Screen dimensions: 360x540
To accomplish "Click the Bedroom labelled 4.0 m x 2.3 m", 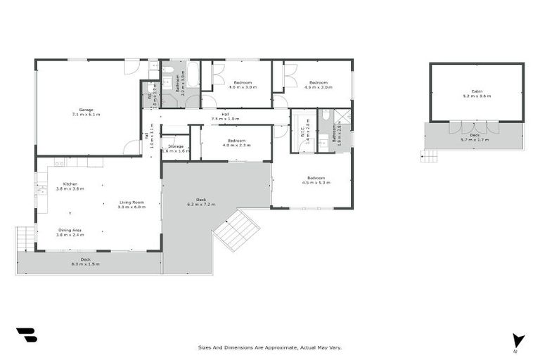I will pyautogui.click(x=236, y=142).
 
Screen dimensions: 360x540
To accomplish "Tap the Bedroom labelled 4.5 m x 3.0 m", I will pyautogui.click(x=318, y=84).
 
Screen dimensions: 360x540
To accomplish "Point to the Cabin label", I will pyautogui.click(x=477, y=93).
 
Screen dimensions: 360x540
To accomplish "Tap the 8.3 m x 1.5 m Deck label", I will pyautogui.click(x=85, y=262).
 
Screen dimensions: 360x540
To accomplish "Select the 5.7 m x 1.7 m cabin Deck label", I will pyautogui.click(x=475, y=137).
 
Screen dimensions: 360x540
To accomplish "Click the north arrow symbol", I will pyautogui.click(x=518, y=340).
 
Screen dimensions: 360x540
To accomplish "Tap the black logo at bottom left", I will pyautogui.click(x=26, y=335).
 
